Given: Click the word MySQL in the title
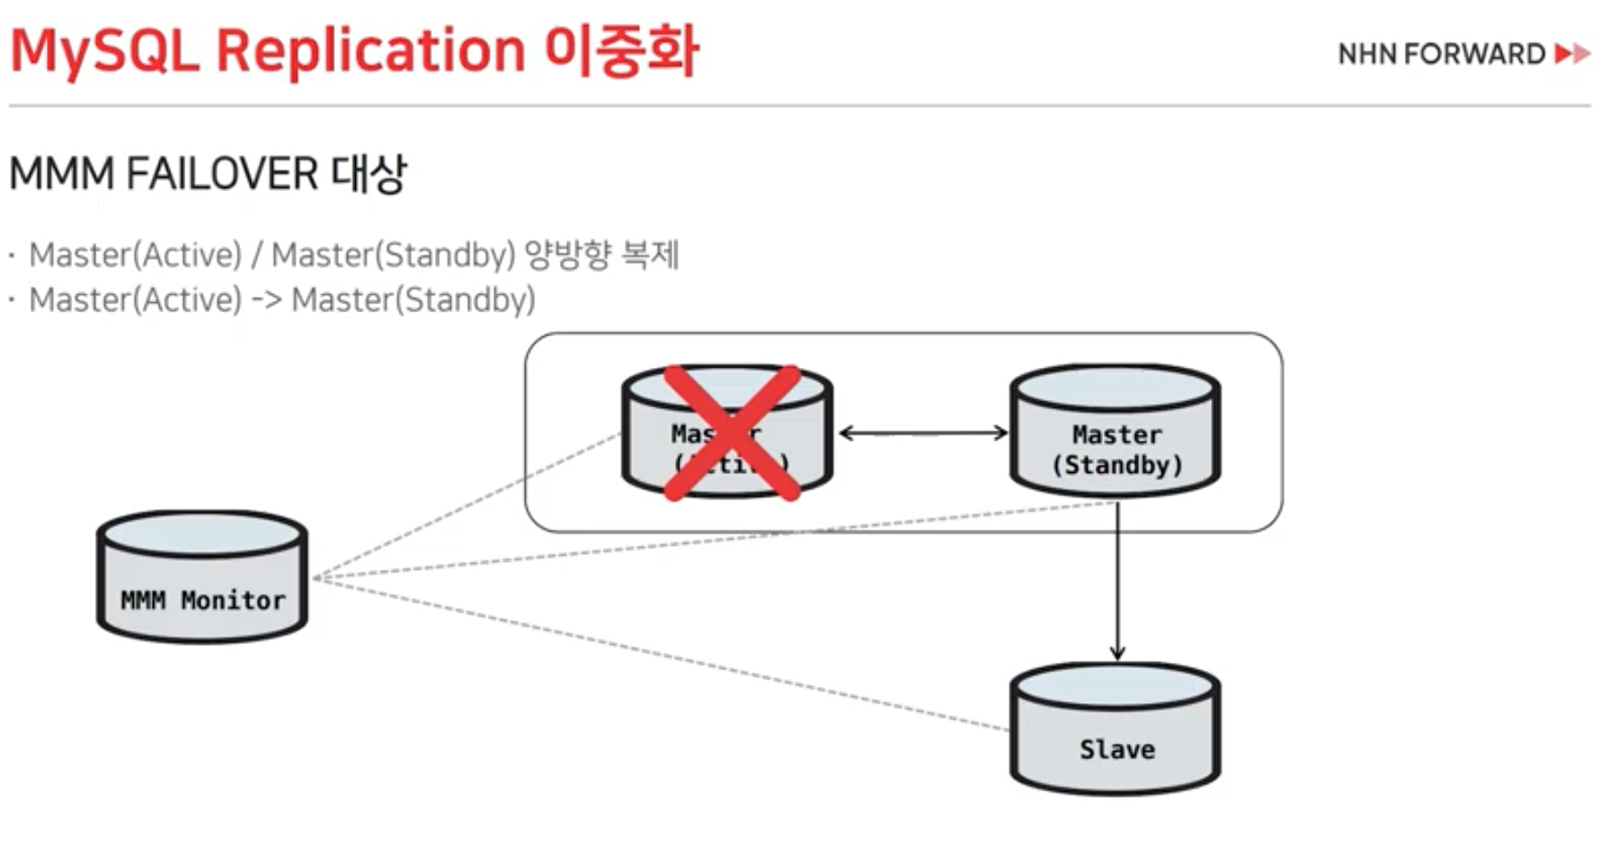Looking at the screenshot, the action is (x=103, y=51).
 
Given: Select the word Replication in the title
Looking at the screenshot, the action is (x=370, y=51).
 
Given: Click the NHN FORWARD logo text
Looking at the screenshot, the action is (x=1441, y=54).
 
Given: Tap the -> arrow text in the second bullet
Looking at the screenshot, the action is (x=266, y=299).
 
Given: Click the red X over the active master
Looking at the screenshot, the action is (x=731, y=432).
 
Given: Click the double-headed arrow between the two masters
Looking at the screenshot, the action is (x=923, y=433).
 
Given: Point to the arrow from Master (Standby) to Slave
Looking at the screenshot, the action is (x=1117, y=585).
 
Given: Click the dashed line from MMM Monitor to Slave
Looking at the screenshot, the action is (x=665, y=656).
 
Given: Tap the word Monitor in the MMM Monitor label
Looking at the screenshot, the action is (x=233, y=600).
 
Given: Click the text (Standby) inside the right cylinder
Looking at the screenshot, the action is (x=1116, y=465).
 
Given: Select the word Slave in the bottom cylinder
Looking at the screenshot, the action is (x=1116, y=749).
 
